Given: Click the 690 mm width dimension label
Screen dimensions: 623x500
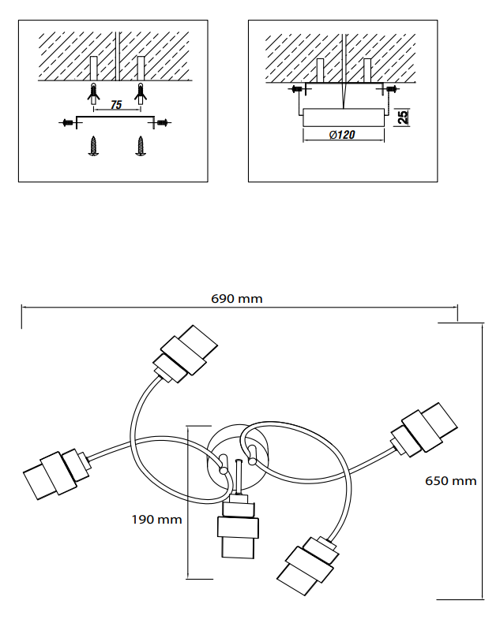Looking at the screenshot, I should coord(237,299).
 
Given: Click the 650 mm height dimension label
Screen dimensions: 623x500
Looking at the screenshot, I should coord(450,480).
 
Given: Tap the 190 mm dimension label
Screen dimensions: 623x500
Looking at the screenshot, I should coord(156,519).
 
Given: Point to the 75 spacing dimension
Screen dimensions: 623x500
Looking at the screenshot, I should coord(116,106).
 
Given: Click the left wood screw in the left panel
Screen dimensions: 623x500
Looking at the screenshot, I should coord(94,145).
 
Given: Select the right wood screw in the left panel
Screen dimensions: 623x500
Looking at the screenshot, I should coord(141,145).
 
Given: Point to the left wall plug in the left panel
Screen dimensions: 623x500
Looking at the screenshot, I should coord(94,92).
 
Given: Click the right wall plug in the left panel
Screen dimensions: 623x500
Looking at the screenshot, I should coord(141,92).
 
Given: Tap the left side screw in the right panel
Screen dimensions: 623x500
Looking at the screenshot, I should coord(297,90).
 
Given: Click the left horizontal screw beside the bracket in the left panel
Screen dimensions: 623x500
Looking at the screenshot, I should coord(68,121).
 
